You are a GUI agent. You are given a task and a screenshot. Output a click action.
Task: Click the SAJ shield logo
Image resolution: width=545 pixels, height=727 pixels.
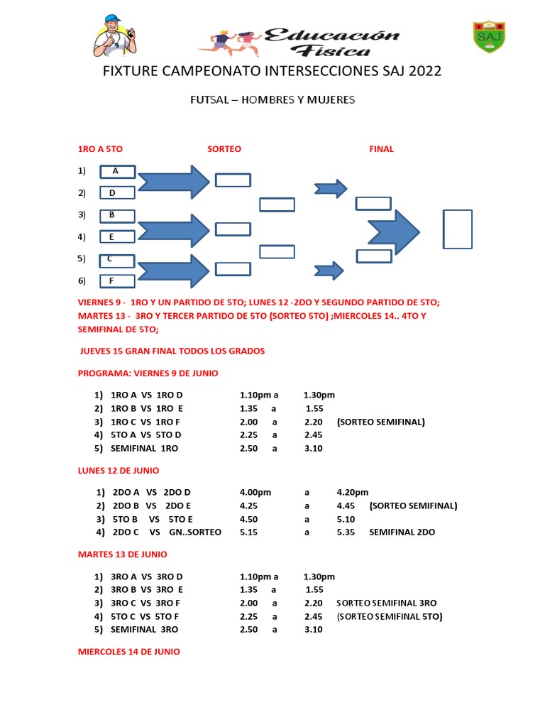(489, 37)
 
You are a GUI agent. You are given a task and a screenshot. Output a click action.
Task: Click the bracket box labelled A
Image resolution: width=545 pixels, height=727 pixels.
(117, 171)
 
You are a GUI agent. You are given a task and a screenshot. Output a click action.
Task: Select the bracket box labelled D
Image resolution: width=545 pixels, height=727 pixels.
(117, 193)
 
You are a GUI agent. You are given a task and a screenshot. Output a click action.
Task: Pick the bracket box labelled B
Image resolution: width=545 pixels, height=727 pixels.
(117, 215)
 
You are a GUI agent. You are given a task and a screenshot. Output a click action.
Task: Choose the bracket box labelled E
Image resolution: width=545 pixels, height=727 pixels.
(117, 237)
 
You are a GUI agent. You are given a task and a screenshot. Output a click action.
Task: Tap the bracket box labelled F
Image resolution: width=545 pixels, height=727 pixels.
(117, 281)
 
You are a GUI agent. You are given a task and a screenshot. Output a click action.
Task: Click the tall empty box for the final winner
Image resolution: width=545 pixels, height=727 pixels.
(458, 229)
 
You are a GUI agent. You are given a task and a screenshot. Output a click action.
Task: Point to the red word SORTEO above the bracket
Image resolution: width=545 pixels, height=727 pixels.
(224, 149)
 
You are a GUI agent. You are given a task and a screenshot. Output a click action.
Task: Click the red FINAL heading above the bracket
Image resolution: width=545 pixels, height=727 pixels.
(381, 149)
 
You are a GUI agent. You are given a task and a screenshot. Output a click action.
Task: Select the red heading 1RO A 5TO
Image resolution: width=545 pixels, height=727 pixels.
(100, 149)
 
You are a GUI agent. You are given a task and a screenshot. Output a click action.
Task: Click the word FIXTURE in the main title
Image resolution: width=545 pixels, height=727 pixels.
(132, 72)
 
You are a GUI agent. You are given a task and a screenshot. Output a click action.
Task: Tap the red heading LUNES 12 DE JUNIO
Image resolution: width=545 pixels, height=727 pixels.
(118, 470)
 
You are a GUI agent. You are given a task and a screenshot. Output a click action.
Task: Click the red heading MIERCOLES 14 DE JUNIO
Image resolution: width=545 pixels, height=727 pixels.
(128, 651)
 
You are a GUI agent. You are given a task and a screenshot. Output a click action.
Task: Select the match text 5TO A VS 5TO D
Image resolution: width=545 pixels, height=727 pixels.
(146, 435)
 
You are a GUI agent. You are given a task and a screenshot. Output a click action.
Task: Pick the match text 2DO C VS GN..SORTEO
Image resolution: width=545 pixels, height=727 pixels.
(167, 532)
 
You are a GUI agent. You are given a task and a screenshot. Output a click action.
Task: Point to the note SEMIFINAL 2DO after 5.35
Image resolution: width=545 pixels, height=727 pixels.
(402, 532)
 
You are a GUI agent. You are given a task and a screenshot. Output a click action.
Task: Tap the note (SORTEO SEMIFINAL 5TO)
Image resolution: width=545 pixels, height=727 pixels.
(390, 616)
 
